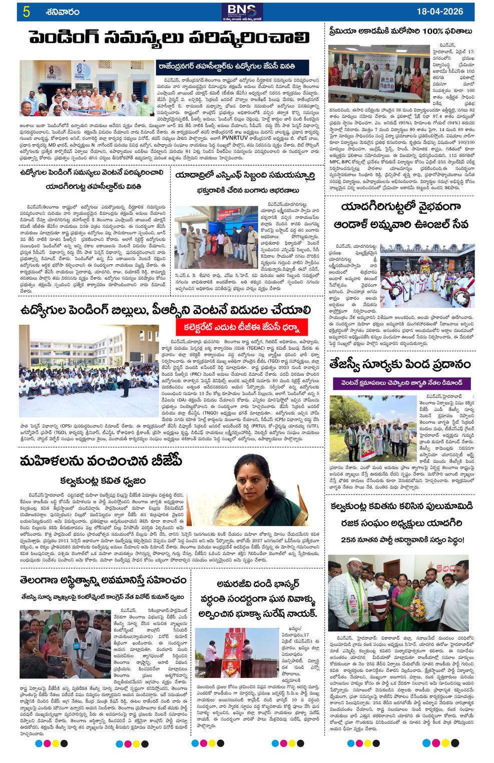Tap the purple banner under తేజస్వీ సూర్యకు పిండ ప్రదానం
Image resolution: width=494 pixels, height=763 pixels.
click(x=409, y=383)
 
